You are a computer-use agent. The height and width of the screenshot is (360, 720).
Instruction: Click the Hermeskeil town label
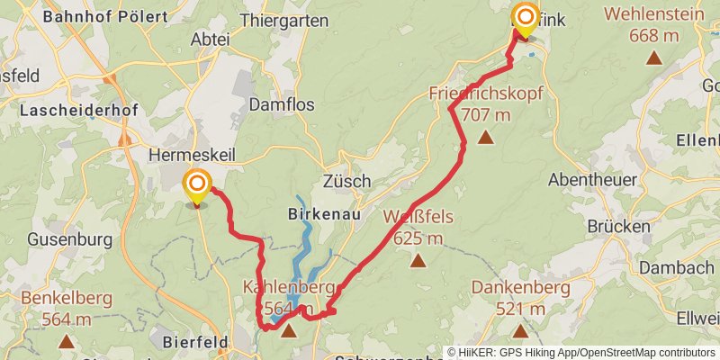point(191,156)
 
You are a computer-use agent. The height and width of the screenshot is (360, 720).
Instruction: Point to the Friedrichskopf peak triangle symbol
point(486,138)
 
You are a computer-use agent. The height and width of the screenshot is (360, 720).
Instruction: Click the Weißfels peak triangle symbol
point(418,261)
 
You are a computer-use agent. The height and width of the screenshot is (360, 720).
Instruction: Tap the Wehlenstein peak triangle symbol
point(654,58)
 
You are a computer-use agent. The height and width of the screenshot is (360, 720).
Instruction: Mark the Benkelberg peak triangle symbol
point(67,341)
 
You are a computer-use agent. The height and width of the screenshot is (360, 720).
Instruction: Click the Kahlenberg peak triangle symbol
point(288,331)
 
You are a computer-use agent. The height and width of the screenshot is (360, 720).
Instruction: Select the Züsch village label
point(346,181)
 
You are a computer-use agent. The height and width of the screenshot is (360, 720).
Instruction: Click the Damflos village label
point(282,104)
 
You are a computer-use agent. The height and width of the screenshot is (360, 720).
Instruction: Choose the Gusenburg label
point(69,239)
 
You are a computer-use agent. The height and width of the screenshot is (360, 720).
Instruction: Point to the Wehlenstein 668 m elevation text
point(654,36)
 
